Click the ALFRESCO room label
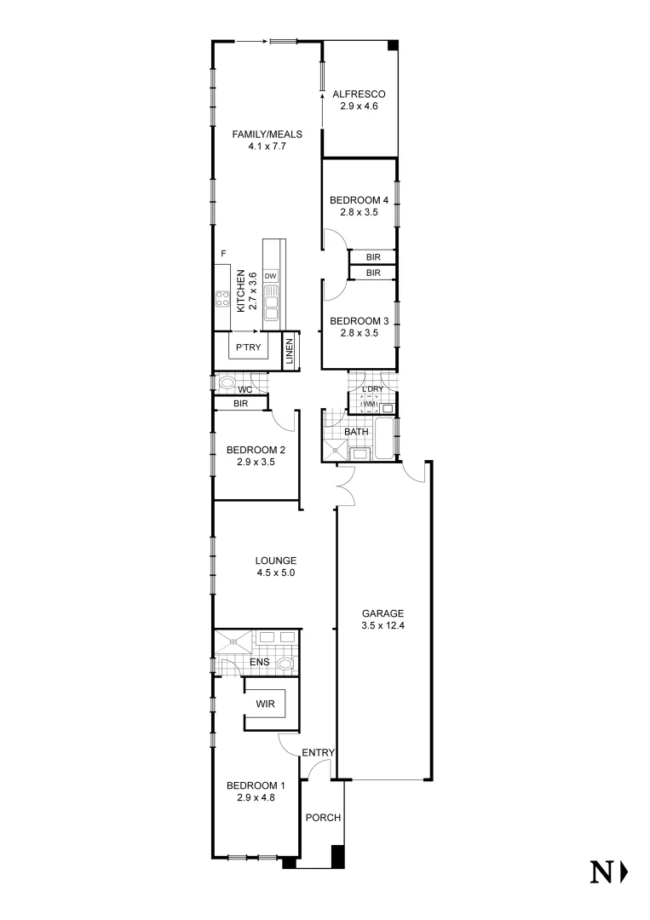[x=360, y=95]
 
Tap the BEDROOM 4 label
[x=359, y=200]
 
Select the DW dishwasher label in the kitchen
[x=270, y=276]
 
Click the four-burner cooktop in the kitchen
[x=222, y=298]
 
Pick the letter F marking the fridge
[x=223, y=254]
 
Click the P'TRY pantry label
[x=248, y=347]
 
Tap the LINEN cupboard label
[x=290, y=352]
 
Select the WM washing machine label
[x=370, y=404]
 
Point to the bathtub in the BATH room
[x=385, y=439]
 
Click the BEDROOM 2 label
[x=256, y=451]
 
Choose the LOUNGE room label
[x=276, y=561]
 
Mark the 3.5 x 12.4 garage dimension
[x=382, y=626]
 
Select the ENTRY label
[x=319, y=752]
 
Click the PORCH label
[x=323, y=818]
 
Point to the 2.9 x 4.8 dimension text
[x=256, y=798]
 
